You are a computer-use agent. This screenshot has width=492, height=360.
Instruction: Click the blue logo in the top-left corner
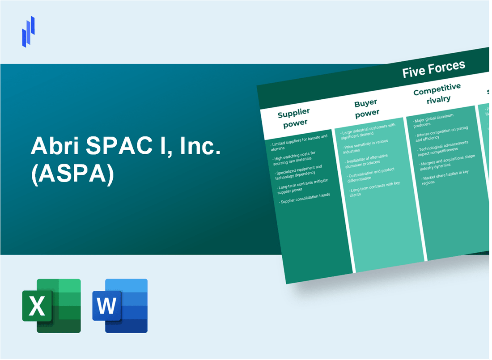coord(28,31)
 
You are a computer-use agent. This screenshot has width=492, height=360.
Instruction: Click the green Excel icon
coord(51,305)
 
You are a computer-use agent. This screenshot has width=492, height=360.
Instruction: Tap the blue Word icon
coord(120,305)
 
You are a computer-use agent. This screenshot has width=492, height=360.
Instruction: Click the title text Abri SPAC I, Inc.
coord(126,147)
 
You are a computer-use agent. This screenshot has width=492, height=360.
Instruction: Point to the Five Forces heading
coord(433,69)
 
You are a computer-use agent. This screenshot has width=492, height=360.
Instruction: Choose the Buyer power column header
coord(366,108)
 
